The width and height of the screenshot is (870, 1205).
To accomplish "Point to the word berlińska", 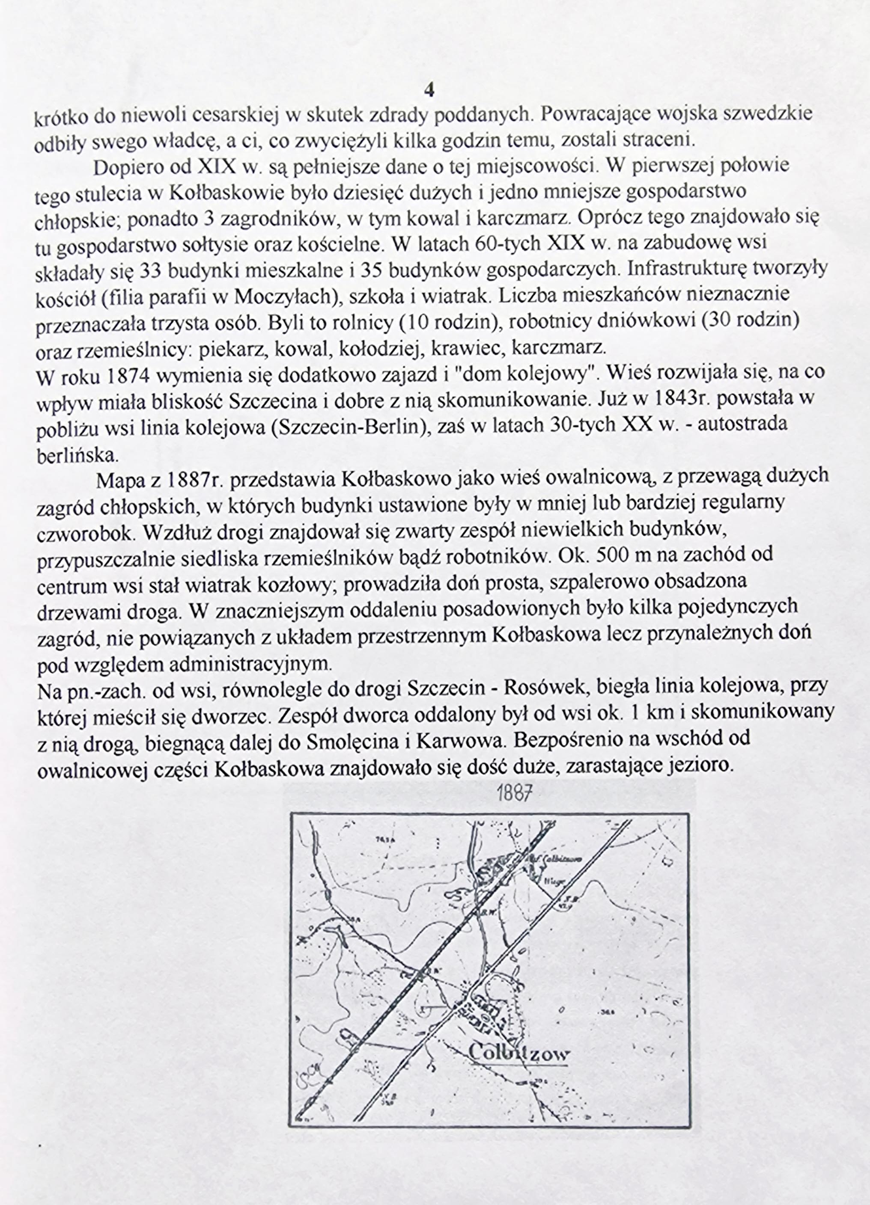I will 77,454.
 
